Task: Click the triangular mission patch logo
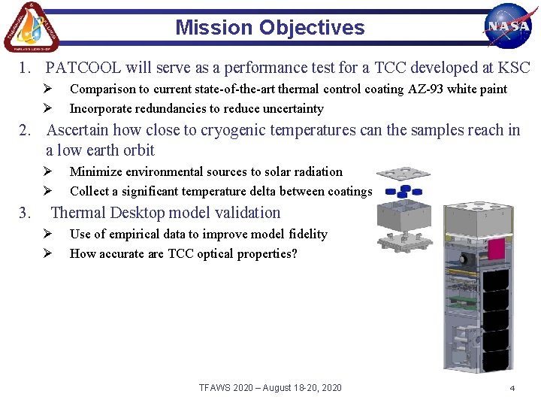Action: point(31,27)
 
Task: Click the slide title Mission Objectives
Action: point(270,28)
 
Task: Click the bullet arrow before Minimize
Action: point(46,172)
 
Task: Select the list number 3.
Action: point(26,213)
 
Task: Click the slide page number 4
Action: point(512,388)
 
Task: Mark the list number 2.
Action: point(26,130)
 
